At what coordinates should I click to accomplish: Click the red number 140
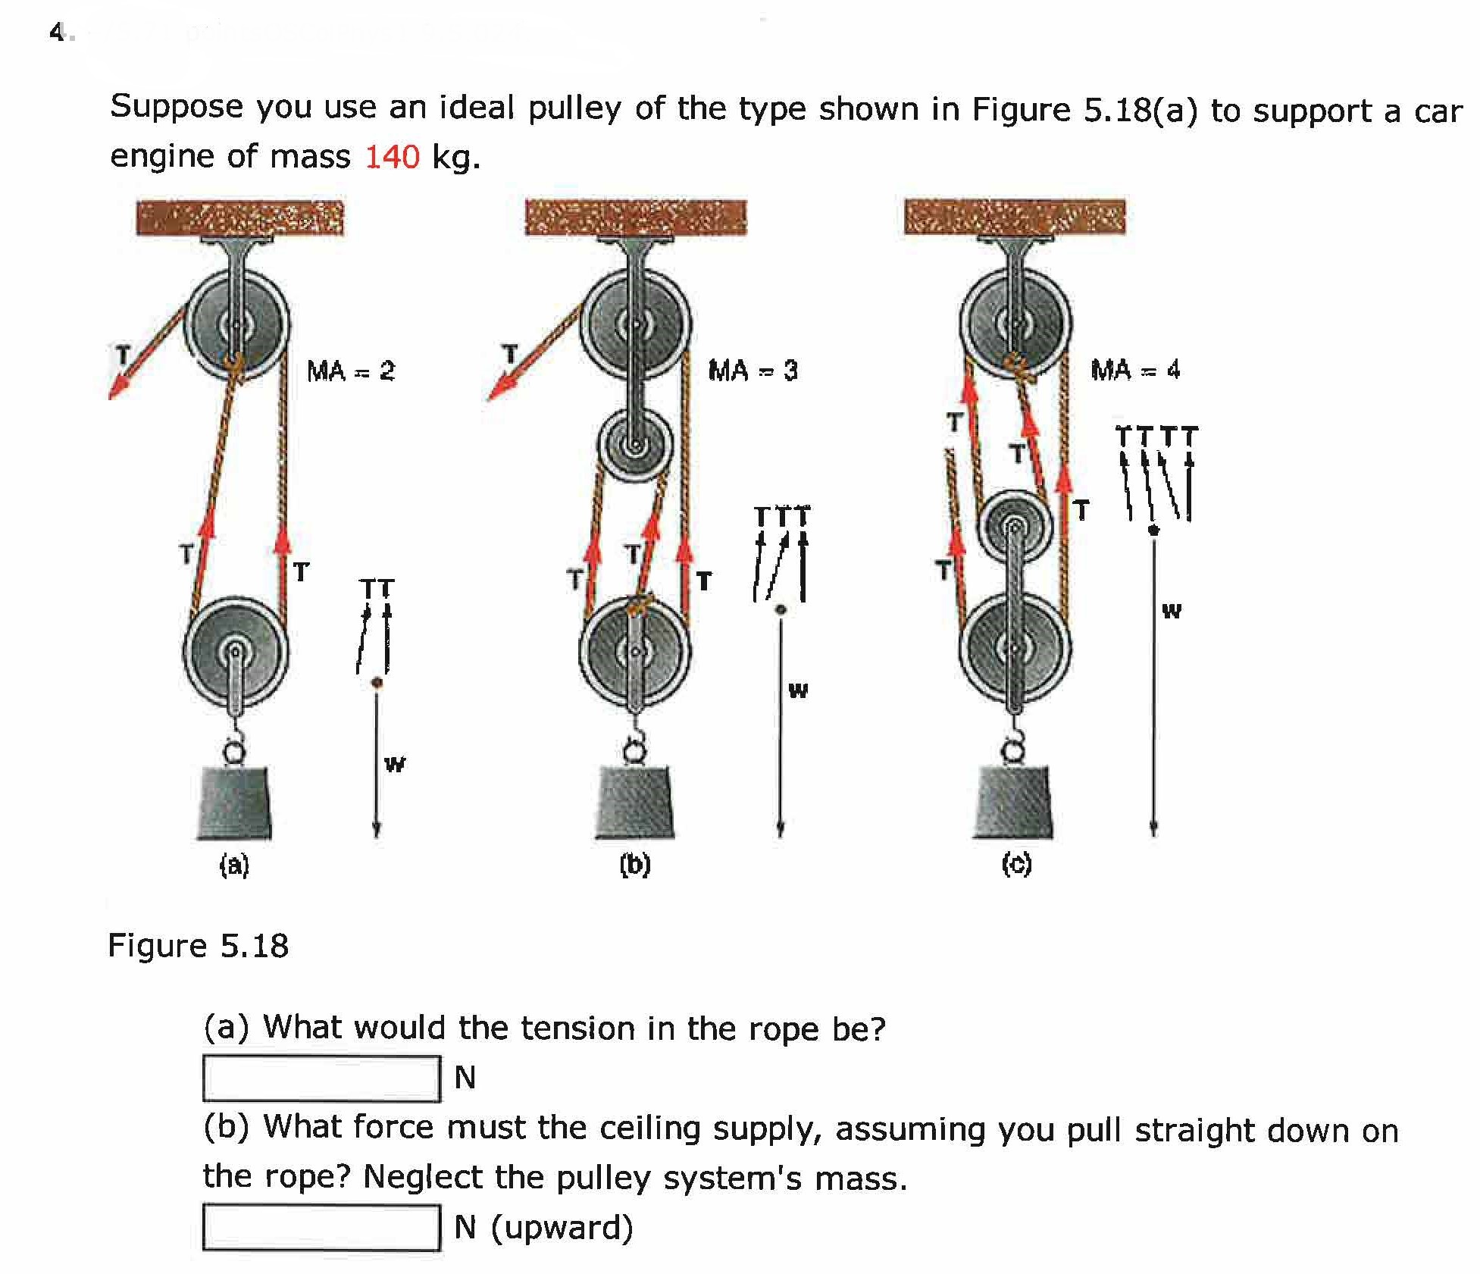coord(392,157)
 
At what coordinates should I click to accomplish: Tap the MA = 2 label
coord(351,371)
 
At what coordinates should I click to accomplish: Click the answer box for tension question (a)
coord(321,1078)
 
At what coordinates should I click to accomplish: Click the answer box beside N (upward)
coord(321,1227)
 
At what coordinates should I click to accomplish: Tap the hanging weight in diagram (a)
coord(234,803)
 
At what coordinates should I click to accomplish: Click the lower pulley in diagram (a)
coord(236,652)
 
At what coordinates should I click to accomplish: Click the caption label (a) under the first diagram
coord(234,865)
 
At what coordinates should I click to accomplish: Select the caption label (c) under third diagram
coord(1016,864)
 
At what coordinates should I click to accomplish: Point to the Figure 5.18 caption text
coord(199,946)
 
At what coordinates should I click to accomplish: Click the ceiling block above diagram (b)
coord(635,218)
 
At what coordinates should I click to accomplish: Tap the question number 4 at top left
coord(57,32)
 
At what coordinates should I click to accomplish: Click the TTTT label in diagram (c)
coord(1156,437)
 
